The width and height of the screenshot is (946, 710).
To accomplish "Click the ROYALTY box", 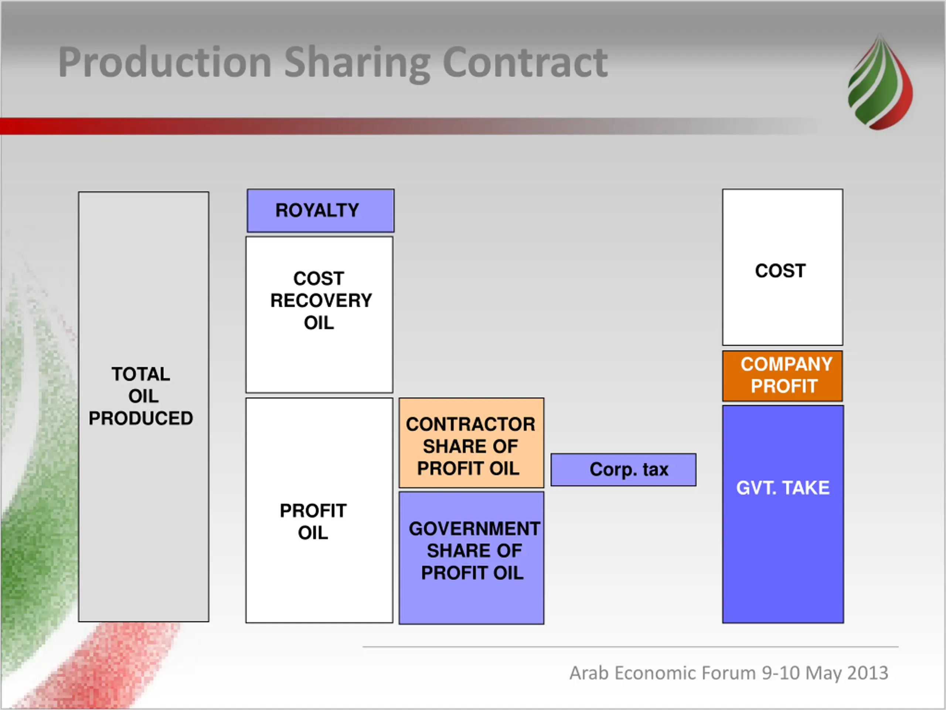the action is [320, 210].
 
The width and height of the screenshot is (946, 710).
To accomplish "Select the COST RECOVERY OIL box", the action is [320, 315].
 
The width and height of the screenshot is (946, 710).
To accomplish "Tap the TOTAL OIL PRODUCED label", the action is [141, 396].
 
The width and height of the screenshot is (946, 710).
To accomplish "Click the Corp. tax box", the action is [623, 470].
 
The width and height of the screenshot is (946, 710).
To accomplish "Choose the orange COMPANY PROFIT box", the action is [782, 375].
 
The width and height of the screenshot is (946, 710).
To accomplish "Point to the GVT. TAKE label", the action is [783, 488].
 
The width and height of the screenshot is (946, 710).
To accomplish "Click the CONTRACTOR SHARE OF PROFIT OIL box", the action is [471, 443].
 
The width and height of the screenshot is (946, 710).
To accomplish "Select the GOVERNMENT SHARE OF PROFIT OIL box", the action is [471, 557].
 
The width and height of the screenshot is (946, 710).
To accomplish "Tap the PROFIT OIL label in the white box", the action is [313, 522].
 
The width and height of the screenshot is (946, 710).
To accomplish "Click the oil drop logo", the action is [880, 84].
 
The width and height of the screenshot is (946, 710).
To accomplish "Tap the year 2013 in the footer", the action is [868, 673].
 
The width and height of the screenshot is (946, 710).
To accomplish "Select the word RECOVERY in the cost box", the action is [321, 300].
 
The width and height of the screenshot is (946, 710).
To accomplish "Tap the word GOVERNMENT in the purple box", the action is [474, 528].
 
